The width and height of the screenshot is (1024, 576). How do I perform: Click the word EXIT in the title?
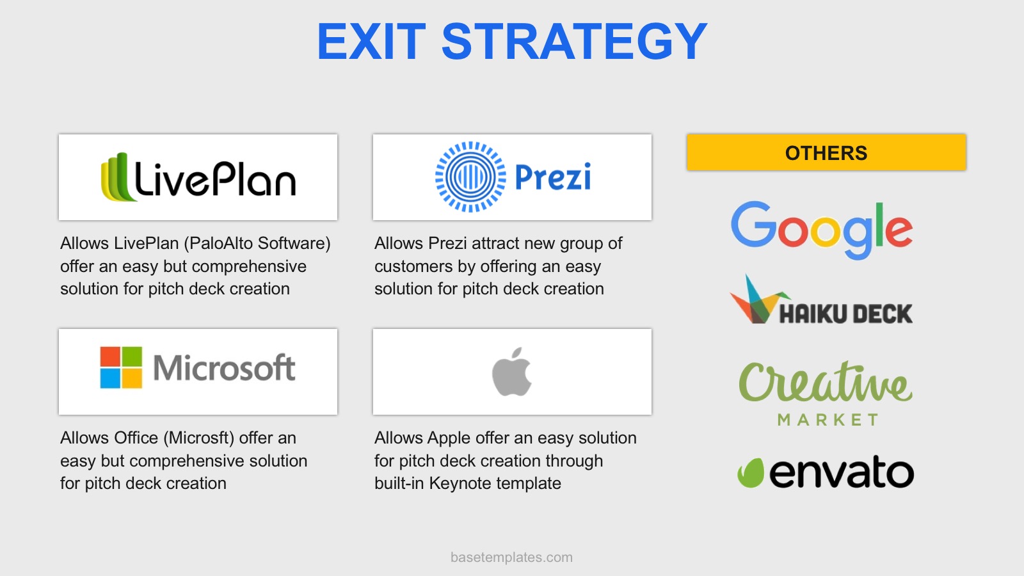coord(371,42)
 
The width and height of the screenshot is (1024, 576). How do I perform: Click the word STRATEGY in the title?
coord(574,42)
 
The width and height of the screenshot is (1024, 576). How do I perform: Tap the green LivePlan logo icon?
coord(118,177)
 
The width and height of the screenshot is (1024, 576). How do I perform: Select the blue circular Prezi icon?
coord(470,177)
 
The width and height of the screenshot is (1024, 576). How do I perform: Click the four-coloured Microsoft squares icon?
coord(121,367)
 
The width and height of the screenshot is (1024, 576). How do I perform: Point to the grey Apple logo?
coord(512,372)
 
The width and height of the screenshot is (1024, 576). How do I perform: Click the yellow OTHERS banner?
coord(826,152)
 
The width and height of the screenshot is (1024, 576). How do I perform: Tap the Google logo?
coord(822,230)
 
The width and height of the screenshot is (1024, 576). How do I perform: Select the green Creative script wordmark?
coord(826,383)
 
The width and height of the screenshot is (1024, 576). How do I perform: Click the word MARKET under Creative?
coord(828,420)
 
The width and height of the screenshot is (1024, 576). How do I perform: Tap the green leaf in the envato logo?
coord(751,473)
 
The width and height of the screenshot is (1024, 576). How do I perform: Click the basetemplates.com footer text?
coord(511,557)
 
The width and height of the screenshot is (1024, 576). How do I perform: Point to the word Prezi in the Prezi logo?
coord(553,177)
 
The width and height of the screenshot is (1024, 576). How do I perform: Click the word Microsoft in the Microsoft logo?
coord(224,367)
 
